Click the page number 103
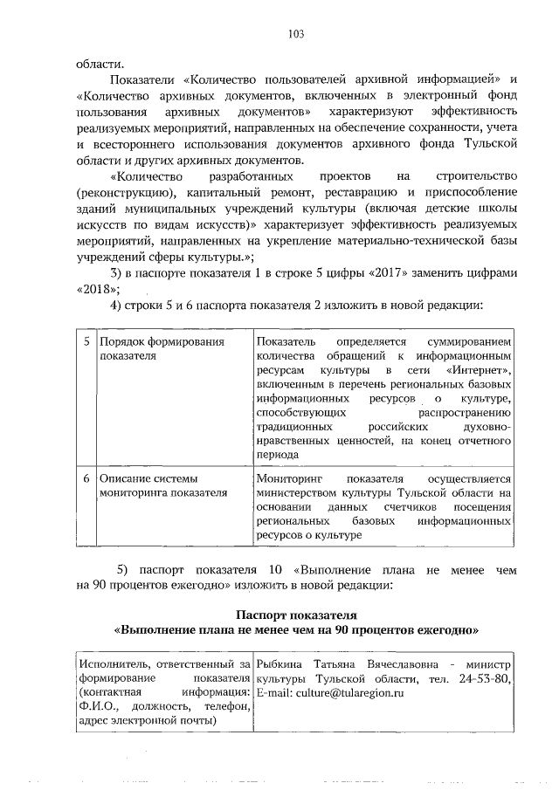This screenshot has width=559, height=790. (x=295, y=34)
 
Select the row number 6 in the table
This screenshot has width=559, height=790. (x=86, y=478)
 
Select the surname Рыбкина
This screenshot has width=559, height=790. (x=278, y=664)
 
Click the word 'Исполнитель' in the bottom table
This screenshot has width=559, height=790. (x=110, y=664)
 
